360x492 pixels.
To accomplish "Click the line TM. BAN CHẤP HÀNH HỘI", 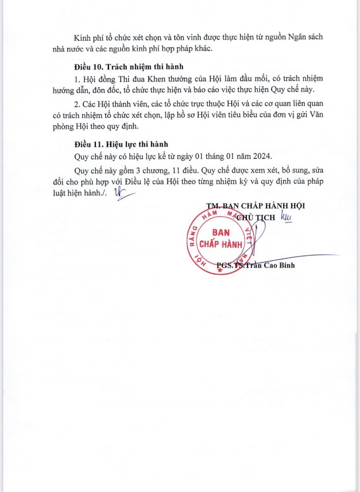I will click(x=255, y=206).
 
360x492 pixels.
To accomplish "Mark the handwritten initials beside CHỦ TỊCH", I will click(x=286, y=216).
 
